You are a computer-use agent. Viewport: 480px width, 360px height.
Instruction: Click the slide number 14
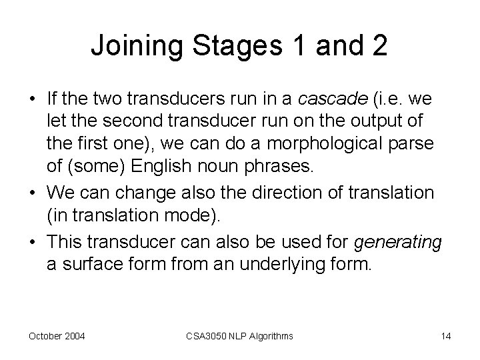pyautogui.click(x=445, y=336)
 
